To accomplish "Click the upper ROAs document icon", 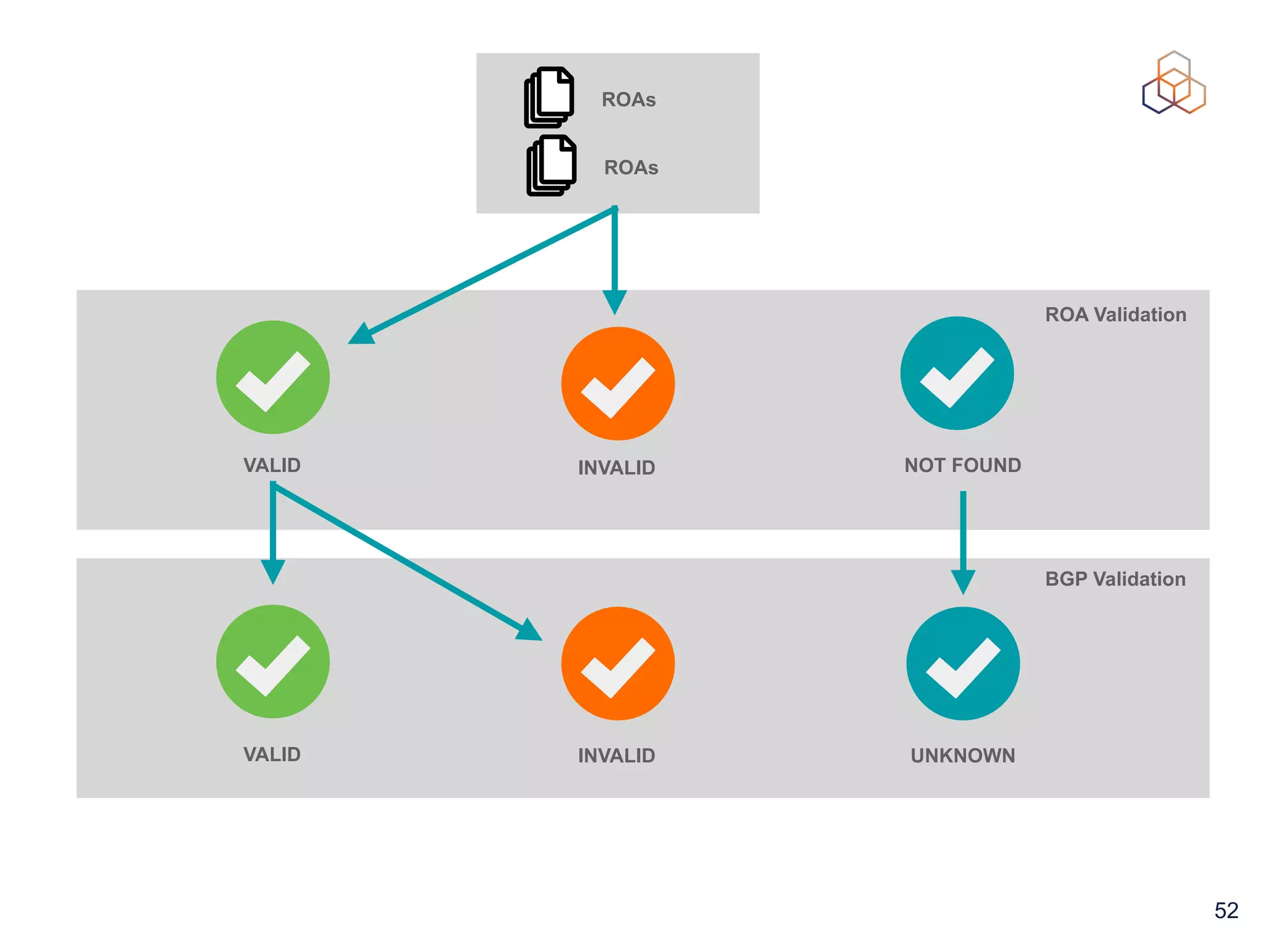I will coord(549,98).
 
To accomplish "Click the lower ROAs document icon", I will coord(552,166).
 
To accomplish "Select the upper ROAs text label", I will coord(628,99).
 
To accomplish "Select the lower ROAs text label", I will coord(631,167).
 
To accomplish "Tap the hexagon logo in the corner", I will coord(1174,83).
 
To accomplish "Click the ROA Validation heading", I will coord(1115,314).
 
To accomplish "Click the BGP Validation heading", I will coord(1115,579).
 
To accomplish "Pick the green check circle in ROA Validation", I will coord(273,377).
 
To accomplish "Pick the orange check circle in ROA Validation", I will coord(618,384).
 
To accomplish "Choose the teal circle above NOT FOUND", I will coord(957,373).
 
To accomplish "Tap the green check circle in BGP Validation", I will coord(273,661).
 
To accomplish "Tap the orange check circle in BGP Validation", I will coord(618,664).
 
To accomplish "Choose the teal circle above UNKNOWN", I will coord(963,664).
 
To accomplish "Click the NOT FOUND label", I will coord(962,465).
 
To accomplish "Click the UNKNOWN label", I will coord(962,756).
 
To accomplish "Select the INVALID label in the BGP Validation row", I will coord(616,756).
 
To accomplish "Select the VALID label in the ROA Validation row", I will coord(272,465).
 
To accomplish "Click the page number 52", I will coord(1226,910).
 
